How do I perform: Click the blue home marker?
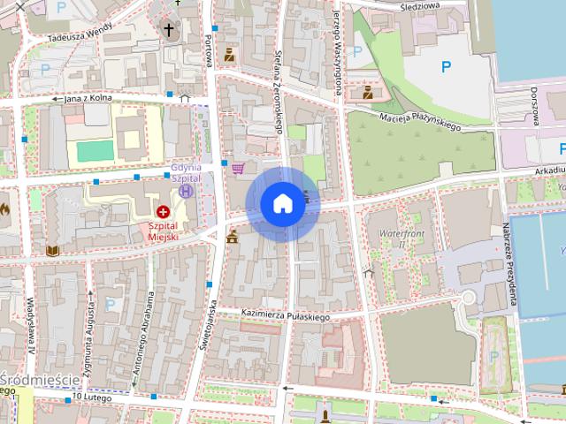[x=281, y=203]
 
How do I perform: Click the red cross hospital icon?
[x=164, y=212]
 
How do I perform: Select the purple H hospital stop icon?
[x=186, y=190]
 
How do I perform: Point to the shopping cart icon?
[x=238, y=167]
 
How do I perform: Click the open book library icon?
[x=52, y=251]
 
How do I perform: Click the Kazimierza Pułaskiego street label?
[x=285, y=315]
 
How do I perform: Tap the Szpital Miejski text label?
[x=163, y=231]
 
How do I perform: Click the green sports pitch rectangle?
[x=95, y=151]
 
